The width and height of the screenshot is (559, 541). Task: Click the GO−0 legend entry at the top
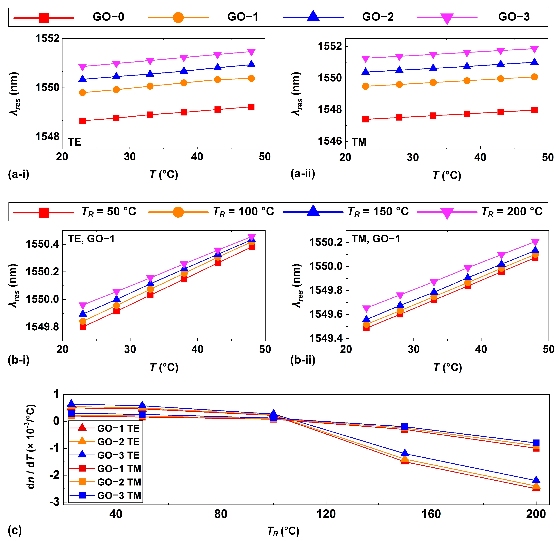(x=108, y=17)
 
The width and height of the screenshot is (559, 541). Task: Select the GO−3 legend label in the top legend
(x=514, y=17)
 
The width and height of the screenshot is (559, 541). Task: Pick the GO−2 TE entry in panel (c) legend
(x=118, y=442)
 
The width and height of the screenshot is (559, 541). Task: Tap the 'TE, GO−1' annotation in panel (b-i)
(x=91, y=239)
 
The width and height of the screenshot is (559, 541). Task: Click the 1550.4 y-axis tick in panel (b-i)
(x=42, y=244)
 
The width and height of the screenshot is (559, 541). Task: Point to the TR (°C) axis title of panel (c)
(x=283, y=531)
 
